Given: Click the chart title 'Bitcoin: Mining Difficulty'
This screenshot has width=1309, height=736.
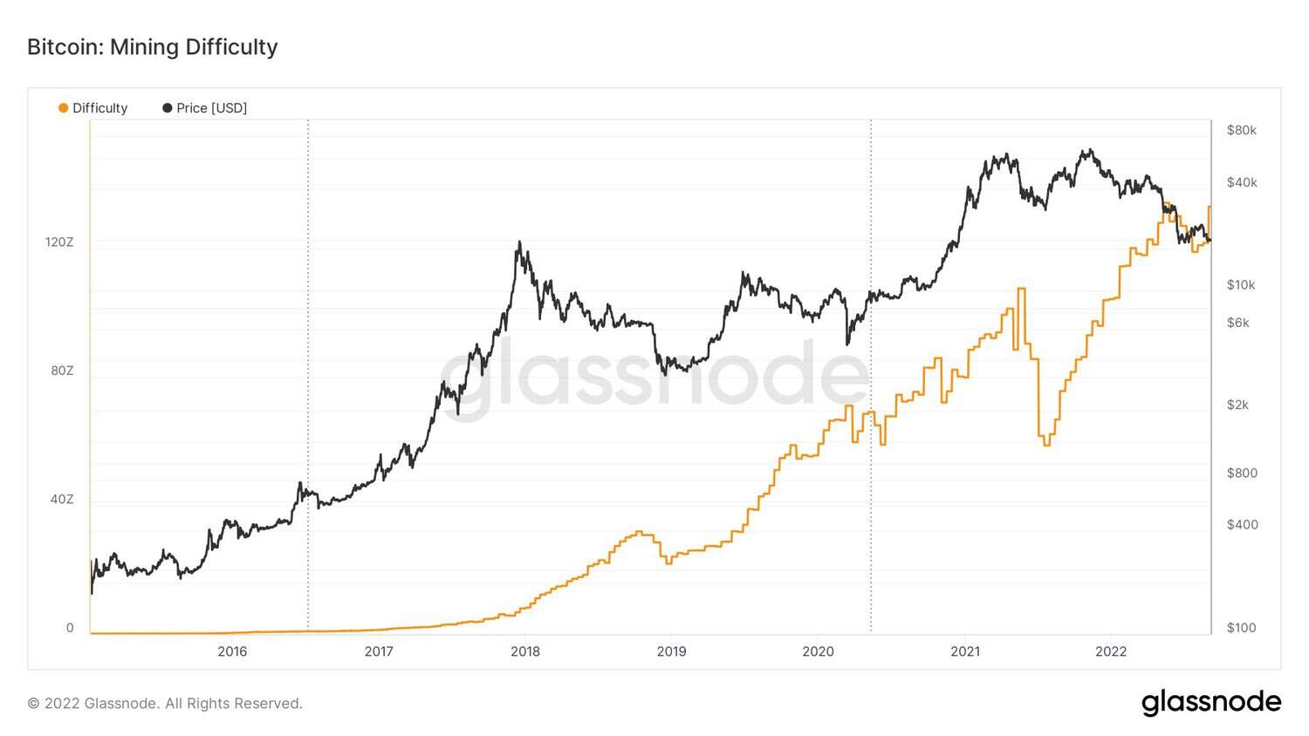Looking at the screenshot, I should click(x=152, y=47).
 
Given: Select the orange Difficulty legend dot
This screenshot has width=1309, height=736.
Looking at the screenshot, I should click(x=63, y=108).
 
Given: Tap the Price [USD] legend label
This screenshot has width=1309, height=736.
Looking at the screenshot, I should click(x=211, y=108).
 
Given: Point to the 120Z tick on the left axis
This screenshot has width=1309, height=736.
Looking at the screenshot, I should click(x=59, y=242).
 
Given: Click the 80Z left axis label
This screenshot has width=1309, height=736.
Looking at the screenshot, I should click(x=62, y=371).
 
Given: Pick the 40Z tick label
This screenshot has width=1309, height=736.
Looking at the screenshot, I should click(x=62, y=500).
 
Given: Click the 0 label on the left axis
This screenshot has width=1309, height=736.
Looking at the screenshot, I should click(x=70, y=628).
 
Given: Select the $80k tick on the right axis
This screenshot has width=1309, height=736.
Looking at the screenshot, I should click(x=1241, y=130).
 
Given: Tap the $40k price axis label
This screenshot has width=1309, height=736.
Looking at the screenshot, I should click(x=1241, y=182).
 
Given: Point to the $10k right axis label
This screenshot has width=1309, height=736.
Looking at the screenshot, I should click(x=1240, y=284).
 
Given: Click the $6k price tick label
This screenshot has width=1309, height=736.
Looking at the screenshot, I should click(x=1237, y=323).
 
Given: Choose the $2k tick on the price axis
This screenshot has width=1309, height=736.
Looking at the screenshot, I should click(x=1237, y=405).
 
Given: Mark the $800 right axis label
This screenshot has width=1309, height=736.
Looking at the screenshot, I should click(x=1241, y=473).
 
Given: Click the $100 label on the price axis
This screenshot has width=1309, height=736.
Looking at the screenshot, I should click(x=1241, y=628).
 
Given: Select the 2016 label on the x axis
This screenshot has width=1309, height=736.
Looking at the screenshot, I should click(x=232, y=651).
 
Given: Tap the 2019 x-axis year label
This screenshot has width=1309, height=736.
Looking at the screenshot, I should click(x=671, y=651).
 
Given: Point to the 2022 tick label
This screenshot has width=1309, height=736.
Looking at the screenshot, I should click(x=1111, y=651).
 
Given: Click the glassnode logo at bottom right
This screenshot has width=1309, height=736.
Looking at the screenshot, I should click(x=1211, y=702).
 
